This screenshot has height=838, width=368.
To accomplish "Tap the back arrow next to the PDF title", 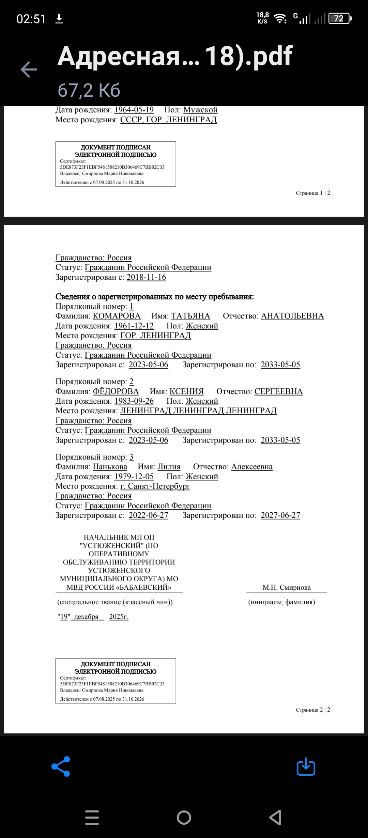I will click(x=29, y=69).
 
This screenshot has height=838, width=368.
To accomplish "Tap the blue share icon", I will click(x=61, y=766).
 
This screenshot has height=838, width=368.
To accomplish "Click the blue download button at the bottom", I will click(x=306, y=766).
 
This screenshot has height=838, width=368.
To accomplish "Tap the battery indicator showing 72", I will click(x=339, y=18).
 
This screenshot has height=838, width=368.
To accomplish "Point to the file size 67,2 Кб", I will click(x=89, y=90).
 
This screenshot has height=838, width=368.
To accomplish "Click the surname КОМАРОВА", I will click(x=117, y=316).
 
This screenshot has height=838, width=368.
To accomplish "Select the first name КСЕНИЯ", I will click(x=186, y=391).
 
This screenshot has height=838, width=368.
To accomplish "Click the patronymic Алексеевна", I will click(x=252, y=467).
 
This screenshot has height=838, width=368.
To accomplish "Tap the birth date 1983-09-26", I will click(x=134, y=401).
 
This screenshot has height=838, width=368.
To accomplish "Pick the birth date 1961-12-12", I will click(x=134, y=326).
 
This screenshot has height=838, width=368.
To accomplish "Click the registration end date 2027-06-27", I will click(x=280, y=515).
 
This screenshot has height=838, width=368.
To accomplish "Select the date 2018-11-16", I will click(x=146, y=277).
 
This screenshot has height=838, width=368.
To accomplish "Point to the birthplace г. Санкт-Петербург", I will click(x=155, y=486).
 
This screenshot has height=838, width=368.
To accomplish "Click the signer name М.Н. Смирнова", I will click(x=287, y=587).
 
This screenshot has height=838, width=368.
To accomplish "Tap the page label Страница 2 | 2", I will click(x=313, y=710).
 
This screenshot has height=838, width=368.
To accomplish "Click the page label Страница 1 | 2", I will click(x=313, y=193).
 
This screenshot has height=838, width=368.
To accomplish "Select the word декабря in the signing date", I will click(x=86, y=617).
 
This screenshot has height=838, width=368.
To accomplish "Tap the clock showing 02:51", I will click(x=31, y=19).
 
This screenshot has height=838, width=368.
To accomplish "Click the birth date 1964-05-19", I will click(x=134, y=110).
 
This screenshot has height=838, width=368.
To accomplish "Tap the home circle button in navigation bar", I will click(x=184, y=817).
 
